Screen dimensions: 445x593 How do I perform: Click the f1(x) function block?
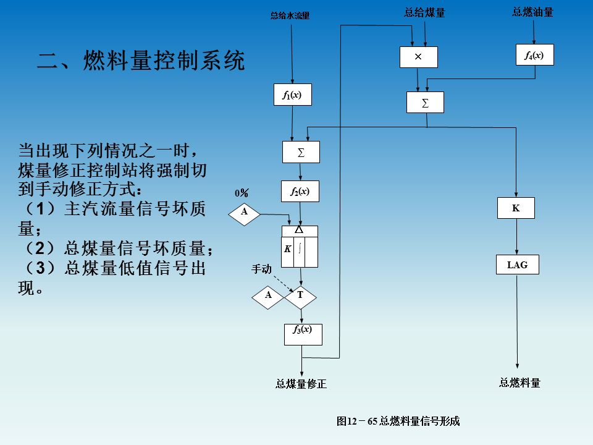[x=292, y=95]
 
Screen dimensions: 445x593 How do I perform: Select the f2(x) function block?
[x=300, y=192]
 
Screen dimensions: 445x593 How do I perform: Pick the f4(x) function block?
[x=534, y=55]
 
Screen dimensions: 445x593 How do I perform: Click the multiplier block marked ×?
[x=418, y=57]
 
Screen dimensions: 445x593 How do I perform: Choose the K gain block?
[x=516, y=208]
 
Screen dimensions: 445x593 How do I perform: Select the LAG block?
[x=517, y=265]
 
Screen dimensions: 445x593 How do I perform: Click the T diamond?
[x=300, y=295]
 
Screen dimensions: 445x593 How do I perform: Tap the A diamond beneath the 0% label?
[x=245, y=212]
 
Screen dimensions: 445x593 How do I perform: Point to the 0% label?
[x=242, y=193]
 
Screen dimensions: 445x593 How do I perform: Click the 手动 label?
[x=261, y=269]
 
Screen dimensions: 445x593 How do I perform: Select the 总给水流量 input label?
[x=290, y=16]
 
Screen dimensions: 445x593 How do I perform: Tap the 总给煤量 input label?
[x=424, y=12]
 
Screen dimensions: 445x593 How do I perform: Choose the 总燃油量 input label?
[x=532, y=12]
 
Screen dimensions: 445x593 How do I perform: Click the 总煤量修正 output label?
[x=301, y=384]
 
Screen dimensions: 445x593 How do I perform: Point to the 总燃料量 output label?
[x=519, y=383]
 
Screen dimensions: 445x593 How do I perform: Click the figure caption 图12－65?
[x=398, y=422]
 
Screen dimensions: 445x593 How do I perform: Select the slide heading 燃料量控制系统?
[x=141, y=61]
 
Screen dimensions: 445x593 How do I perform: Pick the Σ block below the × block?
[x=425, y=102]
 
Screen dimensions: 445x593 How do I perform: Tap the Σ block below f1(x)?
[x=301, y=152]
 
